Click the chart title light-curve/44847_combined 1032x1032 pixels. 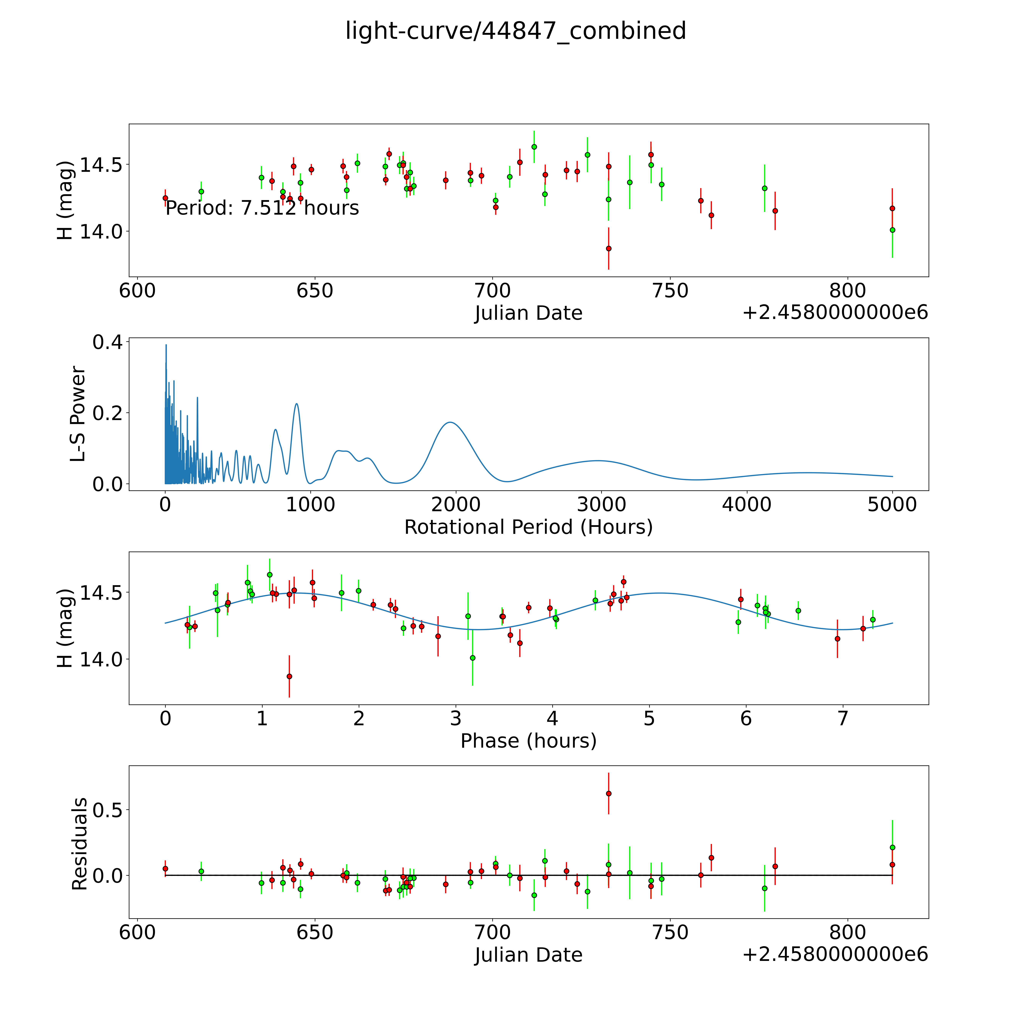[x=515, y=31]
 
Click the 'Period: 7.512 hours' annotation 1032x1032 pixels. [x=262, y=208]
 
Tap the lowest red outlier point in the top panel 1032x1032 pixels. [x=608, y=248]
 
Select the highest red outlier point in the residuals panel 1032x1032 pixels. [x=608, y=793]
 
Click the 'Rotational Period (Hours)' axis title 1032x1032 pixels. [x=528, y=527]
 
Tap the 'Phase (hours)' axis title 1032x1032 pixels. [x=528, y=741]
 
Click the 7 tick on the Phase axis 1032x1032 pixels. [x=842, y=718]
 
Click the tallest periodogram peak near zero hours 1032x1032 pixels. [x=166, y=345]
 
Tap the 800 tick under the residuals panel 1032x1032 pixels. [x=848, y=932]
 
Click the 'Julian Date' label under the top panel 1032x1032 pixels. [x=528, y=313]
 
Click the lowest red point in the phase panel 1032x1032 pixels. [x=289, y=676]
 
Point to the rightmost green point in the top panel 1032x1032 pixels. [x=892, y=230]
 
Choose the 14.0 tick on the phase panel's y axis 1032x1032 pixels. [x=101, y=660]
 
